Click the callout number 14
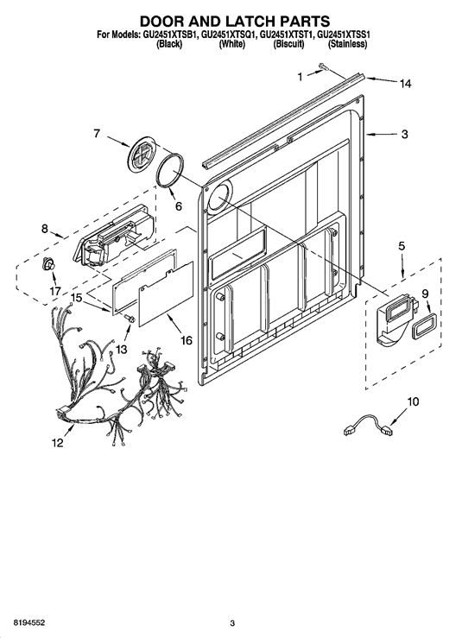click(405, 84)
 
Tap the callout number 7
click(97, 133)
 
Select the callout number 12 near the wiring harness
click(57, 443)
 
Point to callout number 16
click(186, 340)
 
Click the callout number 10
click(413, 401)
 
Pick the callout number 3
click(404, 134)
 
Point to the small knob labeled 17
click(49, 264)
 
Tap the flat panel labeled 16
click(166, 294)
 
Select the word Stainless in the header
click(347, 45)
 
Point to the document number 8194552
click(29, 623)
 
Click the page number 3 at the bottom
click(232, 623)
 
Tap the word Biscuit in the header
click(288, 45)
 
